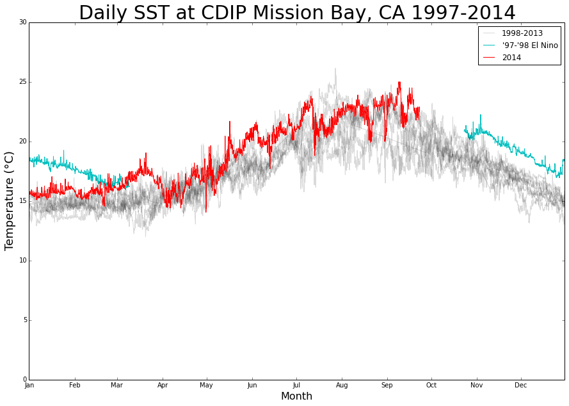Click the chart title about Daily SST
click(297, 12)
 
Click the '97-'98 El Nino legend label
click(530, 45)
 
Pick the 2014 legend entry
click(511, 58)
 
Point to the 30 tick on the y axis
click(23, 22)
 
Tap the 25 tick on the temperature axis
click(23, 82)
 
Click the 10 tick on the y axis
click(23, 261)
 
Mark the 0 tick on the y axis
click(25, 380)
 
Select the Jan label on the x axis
click(29, 386)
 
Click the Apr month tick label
click(163, 386)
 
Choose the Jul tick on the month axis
click(296, 386)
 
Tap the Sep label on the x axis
click(387, 386)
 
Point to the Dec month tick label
click(521, 386)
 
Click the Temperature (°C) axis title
click(9, 201)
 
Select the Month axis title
click(296, 396)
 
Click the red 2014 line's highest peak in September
click(399, 83)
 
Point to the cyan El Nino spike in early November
click(481, 115)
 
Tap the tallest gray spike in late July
click(335, 69)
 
